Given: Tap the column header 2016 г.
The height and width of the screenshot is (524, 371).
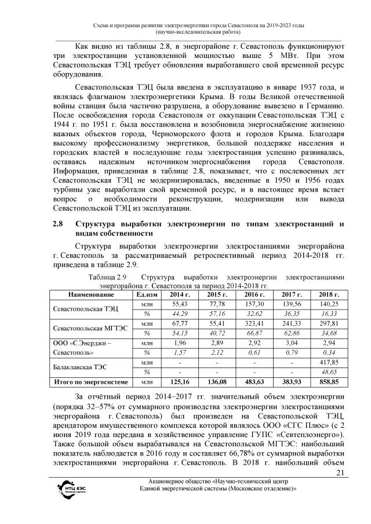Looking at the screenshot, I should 250,295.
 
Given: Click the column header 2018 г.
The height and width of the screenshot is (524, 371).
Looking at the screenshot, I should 324,295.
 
